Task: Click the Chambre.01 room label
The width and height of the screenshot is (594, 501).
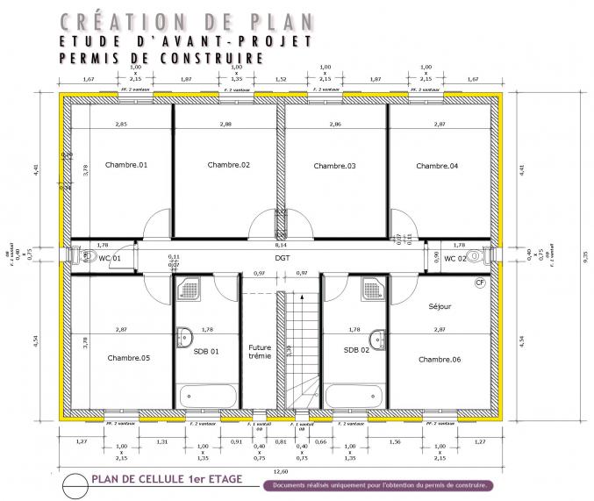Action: (x=126, y=165)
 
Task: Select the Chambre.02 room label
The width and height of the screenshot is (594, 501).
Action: (x=229, y=165)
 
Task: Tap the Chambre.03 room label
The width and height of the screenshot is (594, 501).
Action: (x=334, y=166)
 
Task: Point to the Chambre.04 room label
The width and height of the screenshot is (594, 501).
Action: (x=437, y=165)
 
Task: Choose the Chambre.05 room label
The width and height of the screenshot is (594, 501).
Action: (x=128, y=358)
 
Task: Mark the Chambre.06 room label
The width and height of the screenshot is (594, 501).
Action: (x=440, y=360)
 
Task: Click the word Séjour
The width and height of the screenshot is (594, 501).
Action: (x=440, y=307)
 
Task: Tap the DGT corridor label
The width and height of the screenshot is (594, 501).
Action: (x=282, y=259)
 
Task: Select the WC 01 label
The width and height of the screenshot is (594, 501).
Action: (x=110, y=259)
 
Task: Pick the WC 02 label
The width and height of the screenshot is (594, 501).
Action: (x=454, y=259)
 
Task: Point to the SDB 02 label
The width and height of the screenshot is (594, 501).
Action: (x=356, y=351)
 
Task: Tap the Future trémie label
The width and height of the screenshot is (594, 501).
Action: (x=260, y=351)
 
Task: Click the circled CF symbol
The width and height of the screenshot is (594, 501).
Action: (x=480, y=283)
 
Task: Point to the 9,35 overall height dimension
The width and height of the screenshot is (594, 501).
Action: (x=585, y=256)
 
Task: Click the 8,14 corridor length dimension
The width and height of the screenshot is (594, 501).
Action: (x=281, y=246)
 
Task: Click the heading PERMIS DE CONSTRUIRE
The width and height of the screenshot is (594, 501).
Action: (x=161, y=58)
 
